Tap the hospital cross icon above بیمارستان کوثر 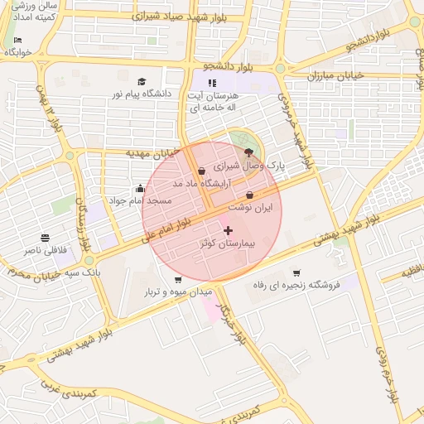pyautogui.click(x=229, y=230)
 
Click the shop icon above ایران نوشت pyautogui.click(x=250, y=195)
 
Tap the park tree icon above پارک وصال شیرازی pyautogui.click(x=248, y=152)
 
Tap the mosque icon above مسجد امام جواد pyautogui.click(x=139, y=188)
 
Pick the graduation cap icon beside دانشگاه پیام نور pyautogui.click(x=142, y=81)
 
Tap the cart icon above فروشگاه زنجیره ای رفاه pyautogui.click(x=296, y=273)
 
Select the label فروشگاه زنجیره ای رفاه pyautogui.click(x=296, y=286)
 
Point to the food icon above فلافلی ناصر pyautogui.click(x=44, y=238)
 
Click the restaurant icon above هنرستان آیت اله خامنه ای pyautogui.click(x=212, y=83)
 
